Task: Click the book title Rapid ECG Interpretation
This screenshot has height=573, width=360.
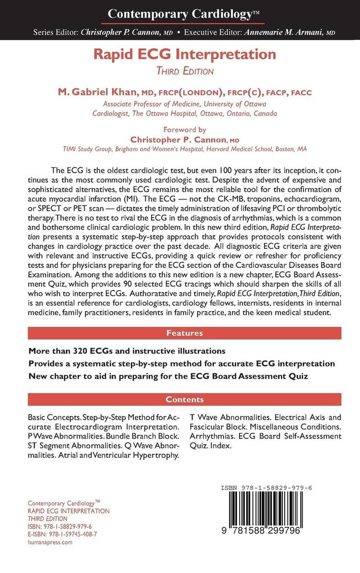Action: [x=180, y=54]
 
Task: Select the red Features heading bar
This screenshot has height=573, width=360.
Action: [x=185, y=333]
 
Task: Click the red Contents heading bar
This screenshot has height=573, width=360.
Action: [x=185, y=399]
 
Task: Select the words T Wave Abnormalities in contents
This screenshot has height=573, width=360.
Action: [x=231, y=418]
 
